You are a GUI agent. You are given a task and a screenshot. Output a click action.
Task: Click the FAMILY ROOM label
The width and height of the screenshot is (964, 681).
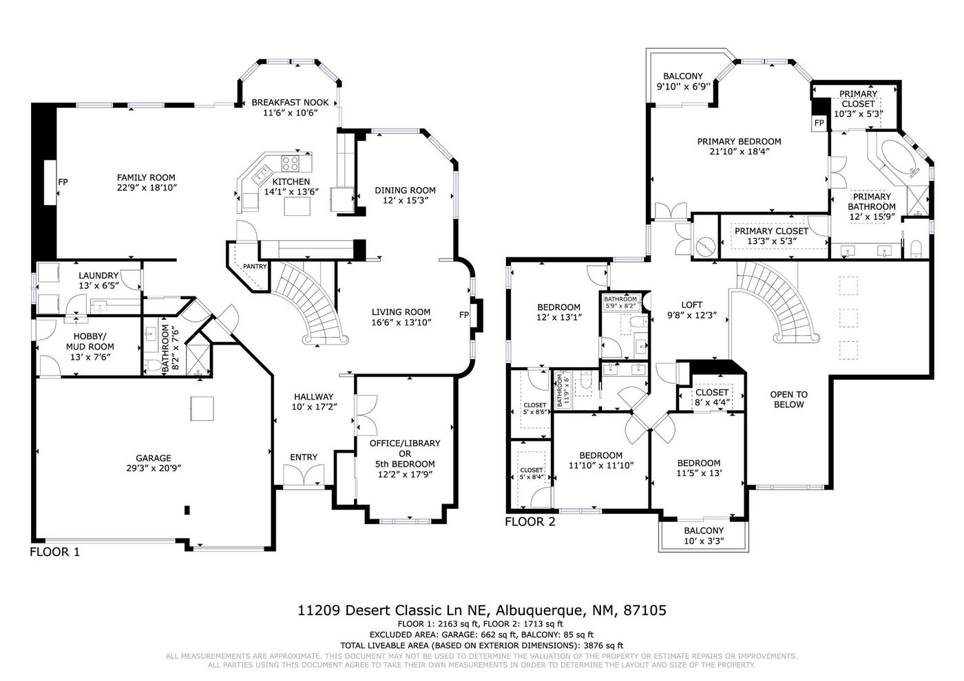click(146, 177)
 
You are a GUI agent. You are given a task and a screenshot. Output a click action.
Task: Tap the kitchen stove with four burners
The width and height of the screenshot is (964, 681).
click(291, 164)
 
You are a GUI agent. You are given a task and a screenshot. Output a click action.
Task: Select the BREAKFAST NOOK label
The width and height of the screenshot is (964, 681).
click(290, 102)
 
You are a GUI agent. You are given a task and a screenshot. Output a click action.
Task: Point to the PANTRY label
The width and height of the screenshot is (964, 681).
click(255, 267)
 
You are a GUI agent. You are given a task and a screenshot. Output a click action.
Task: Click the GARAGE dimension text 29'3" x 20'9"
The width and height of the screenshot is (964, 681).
click(154, 468)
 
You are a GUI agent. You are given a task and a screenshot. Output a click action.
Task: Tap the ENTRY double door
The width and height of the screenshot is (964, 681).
click(304, 476)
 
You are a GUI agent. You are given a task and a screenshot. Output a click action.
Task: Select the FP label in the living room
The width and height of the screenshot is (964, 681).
click(464, 315)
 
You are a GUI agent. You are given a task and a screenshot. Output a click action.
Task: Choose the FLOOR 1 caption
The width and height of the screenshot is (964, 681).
click(55, 552)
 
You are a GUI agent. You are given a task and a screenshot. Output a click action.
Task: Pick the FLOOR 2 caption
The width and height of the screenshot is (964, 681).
click(530, 522)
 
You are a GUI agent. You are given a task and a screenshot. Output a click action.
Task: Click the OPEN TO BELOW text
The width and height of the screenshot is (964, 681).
click(789, 400)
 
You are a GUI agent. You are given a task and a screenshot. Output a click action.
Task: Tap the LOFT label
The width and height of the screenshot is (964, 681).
click(691, 305)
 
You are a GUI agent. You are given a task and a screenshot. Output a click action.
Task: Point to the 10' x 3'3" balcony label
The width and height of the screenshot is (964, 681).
click(704, 541)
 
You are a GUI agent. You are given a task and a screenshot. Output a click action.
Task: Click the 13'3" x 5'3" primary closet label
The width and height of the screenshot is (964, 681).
click(772, 241)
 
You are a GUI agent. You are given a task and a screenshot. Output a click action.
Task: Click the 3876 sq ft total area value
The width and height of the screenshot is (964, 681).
click(603, 645)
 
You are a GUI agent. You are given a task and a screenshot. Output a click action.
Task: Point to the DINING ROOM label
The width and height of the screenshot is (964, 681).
click(405, 191)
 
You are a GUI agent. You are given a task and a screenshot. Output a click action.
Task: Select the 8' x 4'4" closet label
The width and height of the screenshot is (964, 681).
click(712, 403)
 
